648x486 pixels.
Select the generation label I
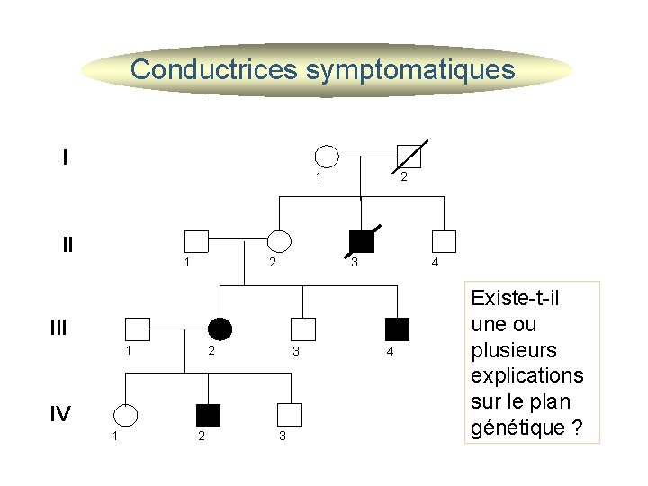point(65,157)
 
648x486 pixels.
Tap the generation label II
point(67,244)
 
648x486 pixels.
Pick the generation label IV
point(60,413)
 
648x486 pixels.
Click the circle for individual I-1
point(327,157)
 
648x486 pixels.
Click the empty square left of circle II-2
point(196,241)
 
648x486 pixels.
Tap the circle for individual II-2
point(281,241)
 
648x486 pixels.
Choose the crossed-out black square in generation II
point(362,241)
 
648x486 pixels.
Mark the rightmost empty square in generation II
point(444,241)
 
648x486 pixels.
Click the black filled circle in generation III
point(220,329)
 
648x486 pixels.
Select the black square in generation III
point(397,329)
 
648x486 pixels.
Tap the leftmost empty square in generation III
point(137,329)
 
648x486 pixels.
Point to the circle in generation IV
point(125,415)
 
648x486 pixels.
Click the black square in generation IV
point(208,415)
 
